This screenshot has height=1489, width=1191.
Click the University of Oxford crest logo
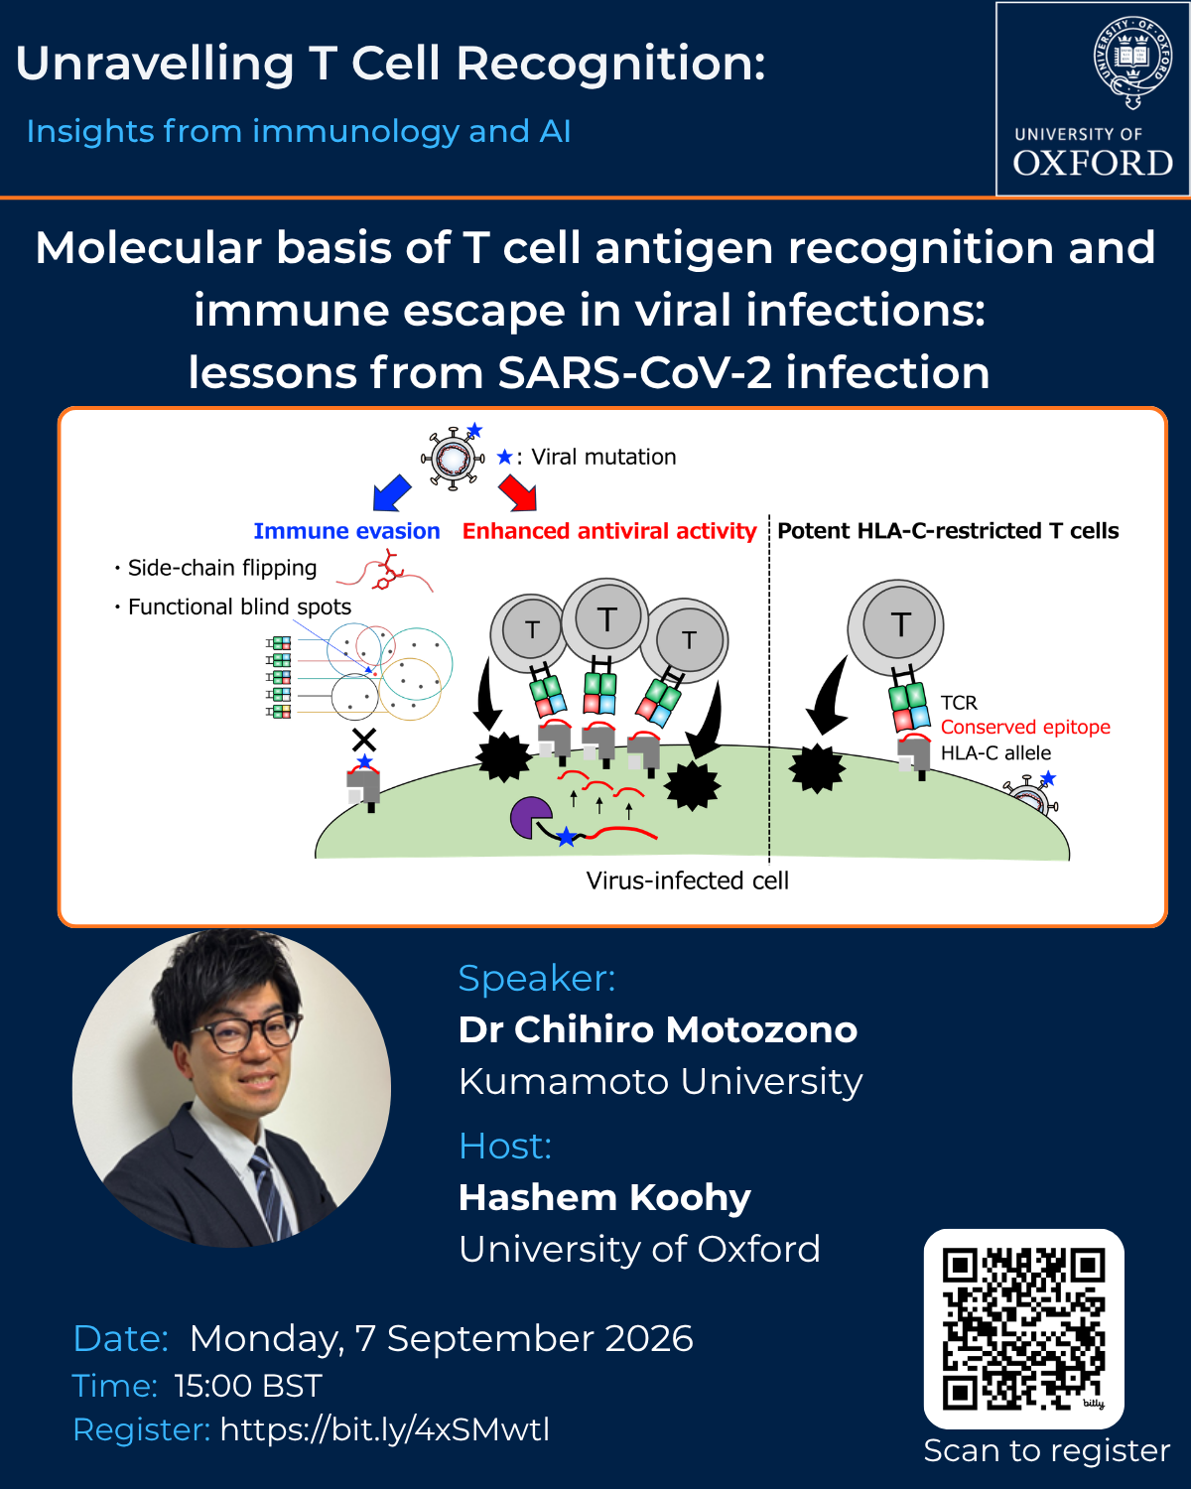click(x=1132, y=63)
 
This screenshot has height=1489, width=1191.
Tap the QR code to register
click(x=1023, y=1329)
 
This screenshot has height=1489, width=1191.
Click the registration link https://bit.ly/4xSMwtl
click(x=385, y=1429)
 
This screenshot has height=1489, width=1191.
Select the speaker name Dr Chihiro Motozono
click(x=657, y=1029)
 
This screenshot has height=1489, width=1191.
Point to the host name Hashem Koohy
click(x=604, y=1199)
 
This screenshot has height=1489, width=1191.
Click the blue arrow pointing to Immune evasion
click(x=392, y=492)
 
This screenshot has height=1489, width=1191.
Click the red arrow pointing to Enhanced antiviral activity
click(x=518, y=492)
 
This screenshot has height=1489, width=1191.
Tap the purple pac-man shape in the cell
click(x=531, y=817)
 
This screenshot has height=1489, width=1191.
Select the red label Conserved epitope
click(x=1025, y=728)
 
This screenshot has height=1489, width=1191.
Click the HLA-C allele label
click(x=995, y=752)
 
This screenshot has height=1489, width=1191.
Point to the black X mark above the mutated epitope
click(x=364, y=740)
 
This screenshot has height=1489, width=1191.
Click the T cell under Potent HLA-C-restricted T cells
click(x=895, y=627)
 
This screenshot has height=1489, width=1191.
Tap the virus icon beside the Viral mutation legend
click(x=453, y=458)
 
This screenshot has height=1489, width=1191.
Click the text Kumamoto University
click(x=660, y=1081)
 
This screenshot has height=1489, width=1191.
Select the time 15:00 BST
click(x=248, y=1386)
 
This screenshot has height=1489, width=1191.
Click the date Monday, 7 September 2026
click(x=441, y=1338)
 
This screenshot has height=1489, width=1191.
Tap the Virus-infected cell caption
click(x=687, y=880)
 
